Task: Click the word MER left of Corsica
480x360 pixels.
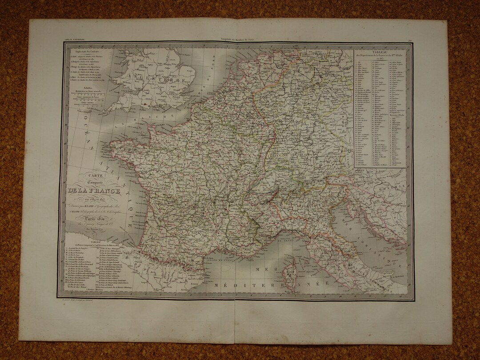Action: (260, 269)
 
